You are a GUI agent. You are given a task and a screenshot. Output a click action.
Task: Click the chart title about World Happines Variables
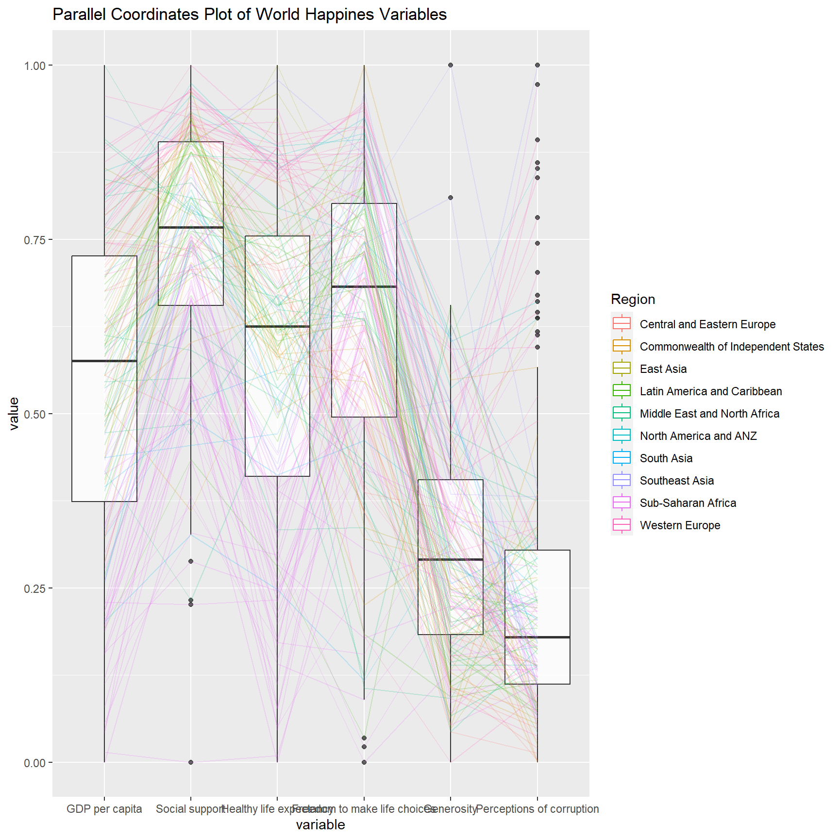click(250, 15)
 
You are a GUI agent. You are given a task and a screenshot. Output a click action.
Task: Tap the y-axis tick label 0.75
click(34, 240)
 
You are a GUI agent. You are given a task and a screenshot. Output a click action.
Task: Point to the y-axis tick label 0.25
click(34, 588)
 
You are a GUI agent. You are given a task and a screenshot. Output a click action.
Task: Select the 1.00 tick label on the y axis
click(34, 66)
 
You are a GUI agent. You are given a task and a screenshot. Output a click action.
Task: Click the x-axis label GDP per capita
click(104, 809)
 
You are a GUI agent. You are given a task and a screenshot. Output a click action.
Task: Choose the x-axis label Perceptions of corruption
click(537, 809)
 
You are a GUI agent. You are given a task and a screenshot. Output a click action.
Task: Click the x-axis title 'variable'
click(320, 824)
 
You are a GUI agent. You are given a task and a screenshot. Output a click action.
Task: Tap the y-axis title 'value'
click(14, 413)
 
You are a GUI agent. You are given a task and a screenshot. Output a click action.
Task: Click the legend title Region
click(633, 299)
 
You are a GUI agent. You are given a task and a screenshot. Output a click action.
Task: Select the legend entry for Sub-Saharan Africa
click(688, 503)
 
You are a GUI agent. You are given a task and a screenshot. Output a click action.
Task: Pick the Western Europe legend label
click(680, 525)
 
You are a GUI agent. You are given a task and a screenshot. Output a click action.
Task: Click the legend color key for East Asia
click(622, 369)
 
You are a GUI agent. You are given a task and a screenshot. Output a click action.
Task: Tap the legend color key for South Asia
click(622, 458)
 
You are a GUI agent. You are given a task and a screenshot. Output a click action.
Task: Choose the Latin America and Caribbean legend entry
click(710, 391)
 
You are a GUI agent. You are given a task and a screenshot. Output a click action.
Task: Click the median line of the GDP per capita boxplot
click(104, 361)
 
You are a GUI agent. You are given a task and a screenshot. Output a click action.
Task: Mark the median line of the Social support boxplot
click(191, 227)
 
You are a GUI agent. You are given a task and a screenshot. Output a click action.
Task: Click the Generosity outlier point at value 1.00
click(451, 65)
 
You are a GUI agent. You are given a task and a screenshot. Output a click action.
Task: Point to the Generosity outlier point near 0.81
click(451, 198)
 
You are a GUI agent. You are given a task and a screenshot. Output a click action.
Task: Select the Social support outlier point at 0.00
click(191, 762)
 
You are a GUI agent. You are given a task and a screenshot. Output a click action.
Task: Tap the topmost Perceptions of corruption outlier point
click(537, 65)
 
